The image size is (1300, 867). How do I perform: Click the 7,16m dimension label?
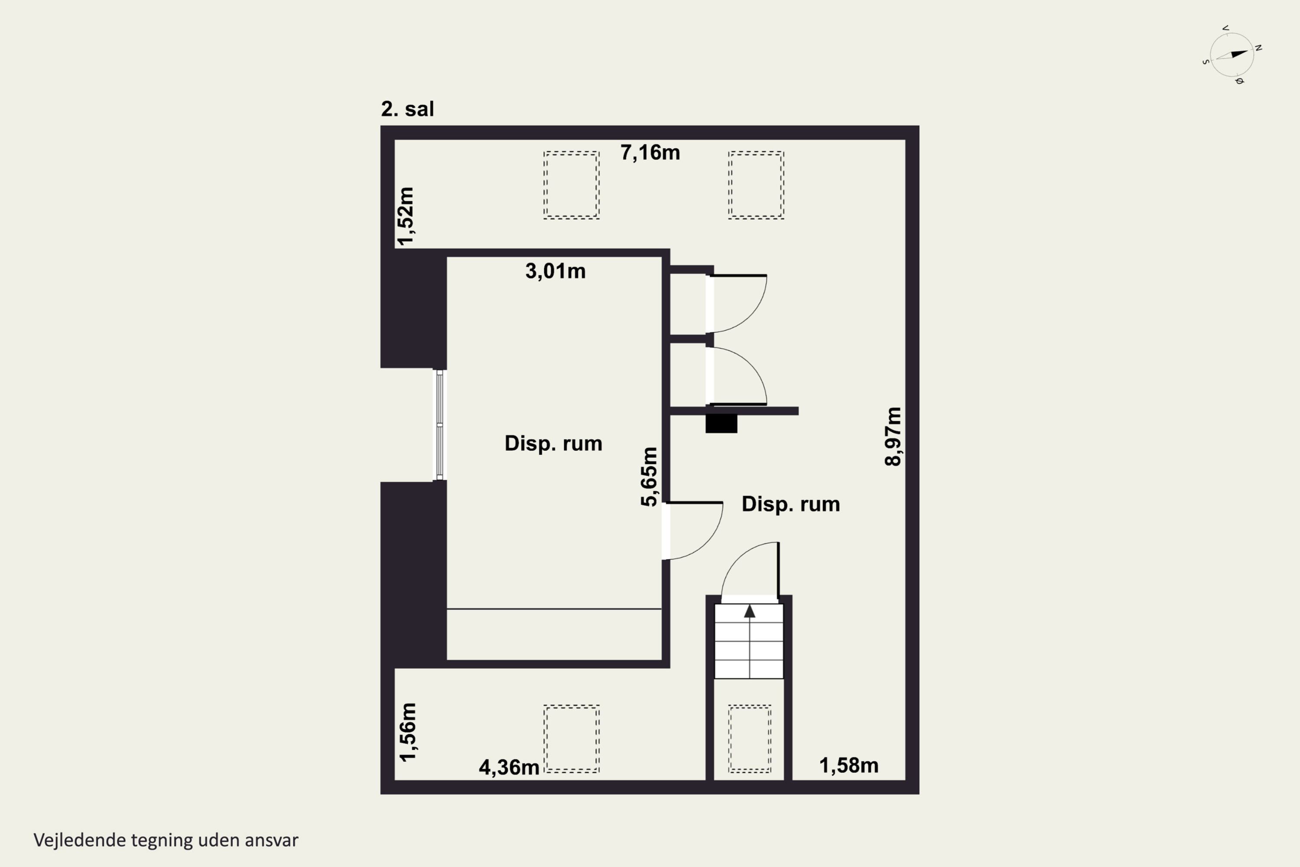point(650,153)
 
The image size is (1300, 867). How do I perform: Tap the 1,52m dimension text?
point(406,216)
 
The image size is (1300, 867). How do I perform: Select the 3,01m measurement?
point(555,271)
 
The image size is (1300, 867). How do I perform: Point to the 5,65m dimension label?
point(650,476)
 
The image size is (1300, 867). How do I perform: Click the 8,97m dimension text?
point(893,437)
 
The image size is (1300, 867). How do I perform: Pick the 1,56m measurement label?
point(407,732)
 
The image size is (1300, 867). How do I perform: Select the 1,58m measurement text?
point(849,766)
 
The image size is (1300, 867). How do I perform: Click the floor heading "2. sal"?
point(407,109)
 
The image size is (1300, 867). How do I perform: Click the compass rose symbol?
point(1232,55)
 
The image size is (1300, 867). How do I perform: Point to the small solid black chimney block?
point(721,424)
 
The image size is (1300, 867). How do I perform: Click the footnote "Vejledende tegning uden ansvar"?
point(166,840)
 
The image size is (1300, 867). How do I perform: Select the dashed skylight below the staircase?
point(750,739)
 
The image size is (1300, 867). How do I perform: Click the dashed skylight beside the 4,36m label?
point(572,739)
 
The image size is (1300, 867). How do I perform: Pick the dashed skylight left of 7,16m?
point(572,185)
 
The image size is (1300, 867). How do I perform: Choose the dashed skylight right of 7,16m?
point(756,185)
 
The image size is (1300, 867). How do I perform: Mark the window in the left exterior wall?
point(439,425)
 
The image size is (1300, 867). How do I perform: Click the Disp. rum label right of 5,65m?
point(790,504)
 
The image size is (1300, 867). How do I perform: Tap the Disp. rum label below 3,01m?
point(553,443)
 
